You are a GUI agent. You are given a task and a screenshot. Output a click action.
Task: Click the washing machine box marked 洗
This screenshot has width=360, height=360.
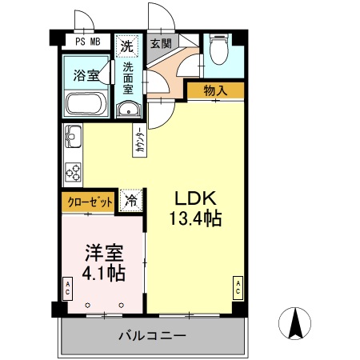tap(126, 46)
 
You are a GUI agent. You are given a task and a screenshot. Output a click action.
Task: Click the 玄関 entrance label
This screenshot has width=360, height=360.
tap(160, 43)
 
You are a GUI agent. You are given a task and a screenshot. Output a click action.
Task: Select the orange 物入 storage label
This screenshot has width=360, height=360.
tap(215, 90)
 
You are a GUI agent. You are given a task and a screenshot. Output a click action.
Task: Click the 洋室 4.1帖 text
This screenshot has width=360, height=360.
tap(105, 262)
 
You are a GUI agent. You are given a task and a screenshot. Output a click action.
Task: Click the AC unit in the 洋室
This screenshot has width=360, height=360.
tap(68, 286)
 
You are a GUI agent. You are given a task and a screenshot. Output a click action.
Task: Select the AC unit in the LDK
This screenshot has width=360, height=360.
tap(238, 286)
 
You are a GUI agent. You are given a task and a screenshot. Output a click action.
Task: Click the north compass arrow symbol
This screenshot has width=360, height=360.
tap(294, 323)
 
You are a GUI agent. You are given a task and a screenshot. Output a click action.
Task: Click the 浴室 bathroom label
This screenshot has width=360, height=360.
tap(86, 76)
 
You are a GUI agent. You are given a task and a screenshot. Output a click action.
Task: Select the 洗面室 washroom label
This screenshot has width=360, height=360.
tap(128, 78)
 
